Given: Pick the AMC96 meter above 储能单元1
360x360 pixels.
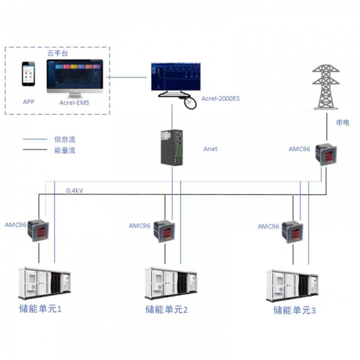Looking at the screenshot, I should [39, 230].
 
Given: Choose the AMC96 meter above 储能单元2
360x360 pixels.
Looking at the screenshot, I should [165, 232].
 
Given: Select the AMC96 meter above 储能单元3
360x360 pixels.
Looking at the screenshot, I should [293, 232].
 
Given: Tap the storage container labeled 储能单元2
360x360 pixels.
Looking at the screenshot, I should [171, 284].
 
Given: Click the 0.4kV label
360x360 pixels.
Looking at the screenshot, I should [75, 190].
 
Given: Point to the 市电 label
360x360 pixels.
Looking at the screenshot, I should [343, 122].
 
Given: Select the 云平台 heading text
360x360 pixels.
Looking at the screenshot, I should [58, 52].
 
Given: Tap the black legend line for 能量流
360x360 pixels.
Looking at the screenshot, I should [35, 150].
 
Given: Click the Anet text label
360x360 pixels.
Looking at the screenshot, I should [210, 149].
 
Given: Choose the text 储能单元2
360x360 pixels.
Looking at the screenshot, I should [167, 310].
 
